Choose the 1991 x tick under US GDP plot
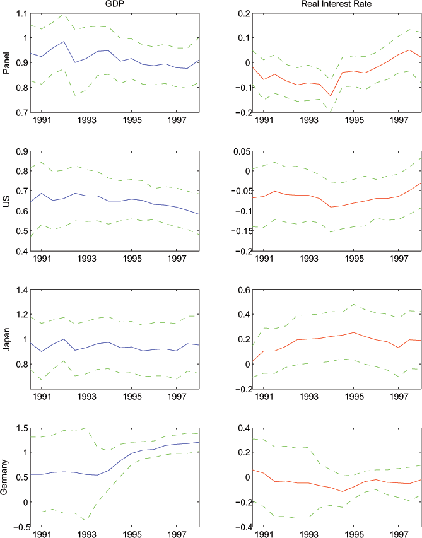click(x=42, y=259)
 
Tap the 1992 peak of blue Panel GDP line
click(x=64, y=42)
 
